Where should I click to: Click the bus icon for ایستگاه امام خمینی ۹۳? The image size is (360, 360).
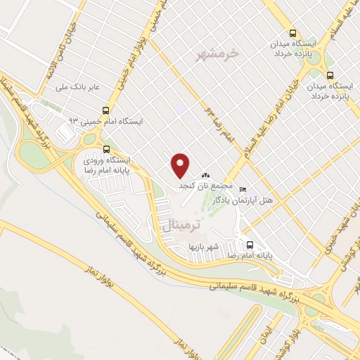105,110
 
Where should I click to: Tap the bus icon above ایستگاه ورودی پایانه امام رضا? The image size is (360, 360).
107,148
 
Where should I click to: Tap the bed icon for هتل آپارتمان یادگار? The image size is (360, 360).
243,189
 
